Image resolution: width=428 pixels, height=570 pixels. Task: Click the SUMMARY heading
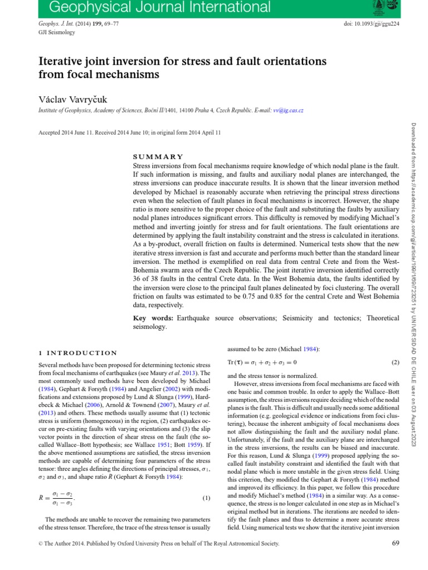(158, 157)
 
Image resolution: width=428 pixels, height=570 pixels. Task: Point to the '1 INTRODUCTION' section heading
(77, 353)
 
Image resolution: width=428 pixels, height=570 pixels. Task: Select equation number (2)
(395, 362)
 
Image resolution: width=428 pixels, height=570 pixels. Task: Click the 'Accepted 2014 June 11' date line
(129, 133)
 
